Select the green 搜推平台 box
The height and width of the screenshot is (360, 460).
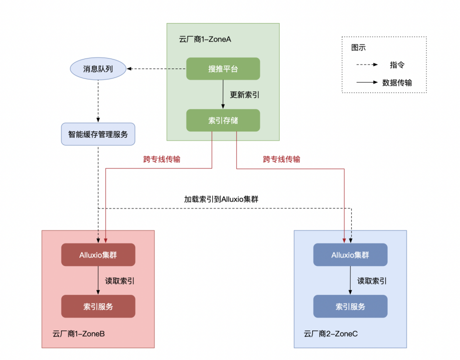click(x=223, y=68)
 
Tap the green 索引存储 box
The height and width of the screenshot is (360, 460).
click(x=223, y=120)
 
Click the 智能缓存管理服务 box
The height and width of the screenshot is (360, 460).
click(x=98, y=134)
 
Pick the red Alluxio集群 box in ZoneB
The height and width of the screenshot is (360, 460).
click(x=98, y=254)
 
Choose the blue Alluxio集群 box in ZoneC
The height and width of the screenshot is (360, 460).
click(x=350, y=254)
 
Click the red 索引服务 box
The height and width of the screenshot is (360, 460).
click(x=98, y=306)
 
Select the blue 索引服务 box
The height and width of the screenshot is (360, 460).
click(x=350, y=306)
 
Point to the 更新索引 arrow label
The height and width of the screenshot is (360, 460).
click(x=245, y=94)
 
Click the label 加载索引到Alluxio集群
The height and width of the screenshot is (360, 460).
click(x=221, y=198)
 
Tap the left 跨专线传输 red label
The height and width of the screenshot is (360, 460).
click(x=162, y=159)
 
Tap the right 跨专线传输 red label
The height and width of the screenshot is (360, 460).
click(x=282, y=159)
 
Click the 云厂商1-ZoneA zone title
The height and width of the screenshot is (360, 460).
click(x=205, y=39)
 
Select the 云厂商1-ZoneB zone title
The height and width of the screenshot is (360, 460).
click(x=78, y=333)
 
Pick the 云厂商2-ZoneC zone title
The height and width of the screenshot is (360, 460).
click(x=331, y=333)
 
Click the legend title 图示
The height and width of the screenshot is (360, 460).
click(x=359, y=48)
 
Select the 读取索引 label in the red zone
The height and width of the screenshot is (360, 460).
click(x=119, y=280)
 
